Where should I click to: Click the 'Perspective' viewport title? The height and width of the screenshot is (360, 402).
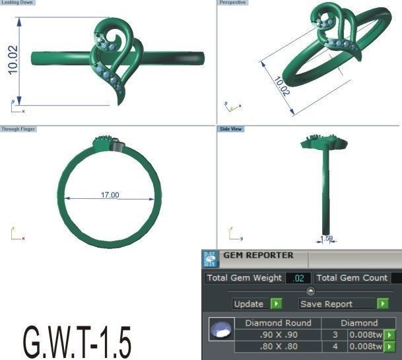coord(232,3)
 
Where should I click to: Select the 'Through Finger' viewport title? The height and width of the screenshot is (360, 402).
coord(18,129)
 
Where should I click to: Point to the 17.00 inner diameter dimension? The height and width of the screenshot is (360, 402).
coord(110,195)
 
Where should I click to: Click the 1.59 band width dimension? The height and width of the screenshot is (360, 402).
coord(325,238)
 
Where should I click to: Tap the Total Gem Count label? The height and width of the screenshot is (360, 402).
coord(352,278)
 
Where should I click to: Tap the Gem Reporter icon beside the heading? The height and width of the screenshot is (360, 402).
coord(210,258)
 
